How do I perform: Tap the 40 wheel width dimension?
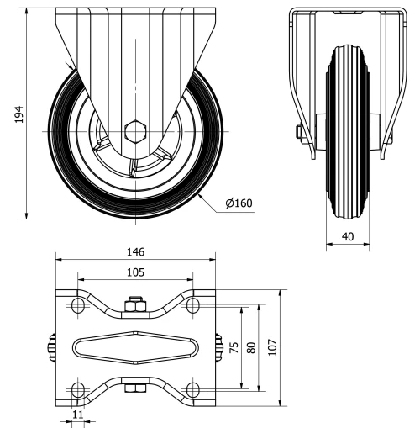click(x=347, y=236)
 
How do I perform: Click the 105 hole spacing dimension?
click(x=134, y=272)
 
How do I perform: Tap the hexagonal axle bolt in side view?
click(x=134, y=131)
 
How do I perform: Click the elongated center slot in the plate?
click(x=134, y=346)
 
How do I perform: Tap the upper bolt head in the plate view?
click(x=134, y=304)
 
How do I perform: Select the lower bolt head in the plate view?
click(x=134, y=388)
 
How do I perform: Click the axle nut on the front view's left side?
click(x=298, y=131)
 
